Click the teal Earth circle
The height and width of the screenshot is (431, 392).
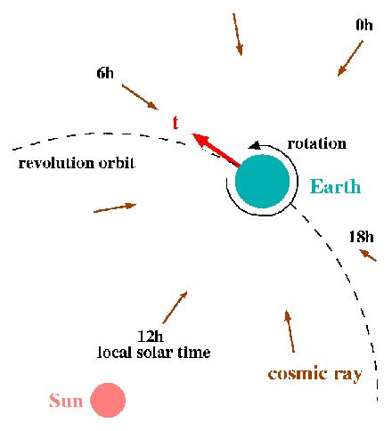click(x=262, y=182)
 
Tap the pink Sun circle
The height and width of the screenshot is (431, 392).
click(x=108, y=400)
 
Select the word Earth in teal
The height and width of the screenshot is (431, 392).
click(x=335, y=186)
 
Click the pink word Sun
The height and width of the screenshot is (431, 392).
click(x=66, y=400)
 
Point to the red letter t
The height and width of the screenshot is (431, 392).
click(x=176, y=122)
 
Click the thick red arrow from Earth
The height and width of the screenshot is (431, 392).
click(x=216, y=150)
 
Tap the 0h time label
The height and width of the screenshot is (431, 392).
click(x=364, y=25)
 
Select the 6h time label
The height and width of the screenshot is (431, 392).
click(x=105, y=73)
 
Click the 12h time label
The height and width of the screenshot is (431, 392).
click(x=151, y=337)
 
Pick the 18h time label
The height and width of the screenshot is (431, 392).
click(x=361, y=237)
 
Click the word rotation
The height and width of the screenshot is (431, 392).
click(x=317, y=143)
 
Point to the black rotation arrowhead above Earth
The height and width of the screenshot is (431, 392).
click(x=254, y=145)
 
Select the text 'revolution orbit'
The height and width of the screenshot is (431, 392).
click(x=77, y=163)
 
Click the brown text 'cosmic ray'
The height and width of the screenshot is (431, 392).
click(x=314, y=374)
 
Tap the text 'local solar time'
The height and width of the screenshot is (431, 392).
click(x=154, y=353)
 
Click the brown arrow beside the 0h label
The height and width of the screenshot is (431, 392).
click(x=350, y=58)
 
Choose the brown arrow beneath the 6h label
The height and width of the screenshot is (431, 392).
click(x=140, y=97)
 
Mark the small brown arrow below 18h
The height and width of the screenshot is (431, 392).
click(x=368, y=256)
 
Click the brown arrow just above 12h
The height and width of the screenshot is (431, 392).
click(x=175, y=307)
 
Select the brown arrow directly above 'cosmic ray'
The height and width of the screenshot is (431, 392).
click(x=290, y=331)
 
